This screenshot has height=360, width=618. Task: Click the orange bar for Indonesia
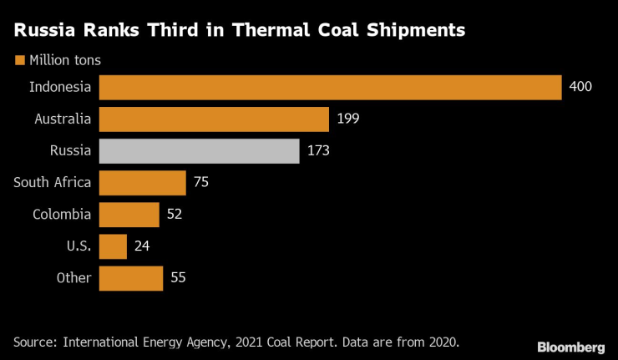pyautogui.click(x=330, y=88)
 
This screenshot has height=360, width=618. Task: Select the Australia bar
pyautogui.click(x=214, y=119)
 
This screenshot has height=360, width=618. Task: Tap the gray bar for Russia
pyautogui.click(x=199, y=151)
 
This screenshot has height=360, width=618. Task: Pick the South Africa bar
pyautogui.click(x=142, y=183)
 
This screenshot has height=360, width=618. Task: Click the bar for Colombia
pyautogui.click(x=129, y=215)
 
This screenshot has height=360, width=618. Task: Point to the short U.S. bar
pyautogui.click(x=113, y=246)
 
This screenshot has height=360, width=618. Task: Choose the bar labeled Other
pyautogui.click(x=131, y=278)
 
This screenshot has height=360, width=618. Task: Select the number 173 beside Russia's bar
pyautogui.click(x=318, y=151)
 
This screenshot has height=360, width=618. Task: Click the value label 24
pyautogui.click(x=141, y=246)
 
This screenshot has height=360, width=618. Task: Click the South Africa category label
pyautogui.click(x=53, y=183)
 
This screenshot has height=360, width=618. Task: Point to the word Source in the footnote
pyautogui.click(x=34, y=342)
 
